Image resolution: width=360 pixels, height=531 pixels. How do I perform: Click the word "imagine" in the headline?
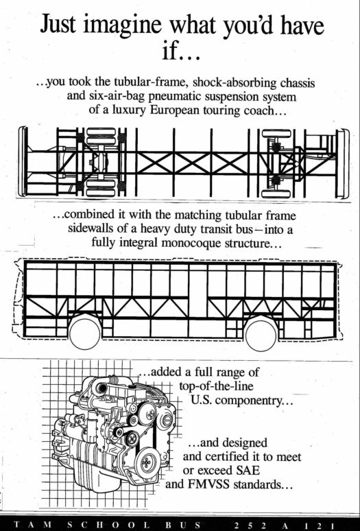coord(122,25)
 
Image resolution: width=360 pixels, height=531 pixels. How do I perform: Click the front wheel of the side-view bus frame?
coord(85,333)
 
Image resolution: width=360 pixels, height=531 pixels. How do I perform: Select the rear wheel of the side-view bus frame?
coord(261,335)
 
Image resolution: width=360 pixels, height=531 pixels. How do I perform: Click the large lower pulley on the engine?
coord(147,462)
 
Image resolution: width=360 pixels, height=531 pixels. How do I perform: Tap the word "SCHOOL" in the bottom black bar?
coord(108,526)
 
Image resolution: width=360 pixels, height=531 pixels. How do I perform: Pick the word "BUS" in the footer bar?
coord(183,526)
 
